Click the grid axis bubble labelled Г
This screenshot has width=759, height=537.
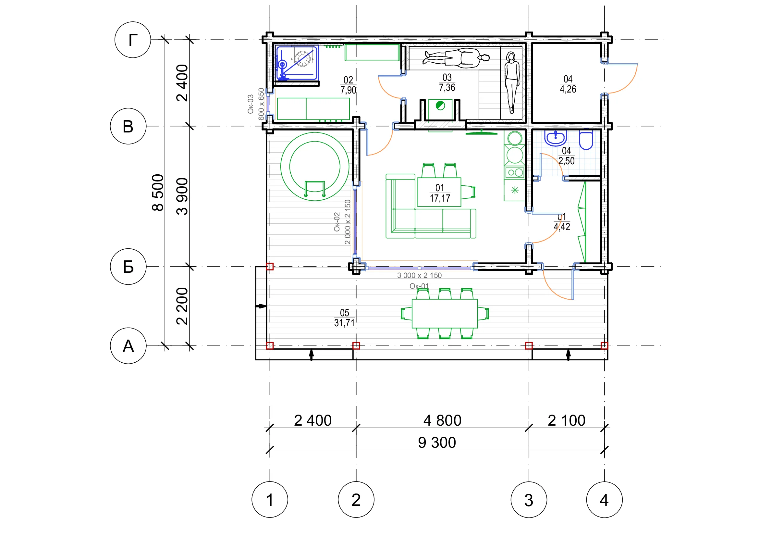pyautogui.click(x=133, y=40)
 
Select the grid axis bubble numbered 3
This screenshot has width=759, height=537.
pyautogui.click(x=529, y=500)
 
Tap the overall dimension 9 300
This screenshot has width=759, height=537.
pyautogui.click(x=437, y=443)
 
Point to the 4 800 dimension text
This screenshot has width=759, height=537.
pyautogui.click(x=442, y=420)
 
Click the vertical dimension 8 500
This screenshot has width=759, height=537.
pyautogui.click(x=158, y=193)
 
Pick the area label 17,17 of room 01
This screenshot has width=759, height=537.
pyautogui.click(x=440, y=198)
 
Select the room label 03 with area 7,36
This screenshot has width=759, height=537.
pyautogui.click(x=447, y=82)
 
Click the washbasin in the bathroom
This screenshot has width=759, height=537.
pyautogui.click(x=555, y=138)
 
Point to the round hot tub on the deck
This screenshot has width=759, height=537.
pyautogui.click(x=315, y=167)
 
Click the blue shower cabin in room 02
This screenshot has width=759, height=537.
pyautogui.click(x=297, y=63)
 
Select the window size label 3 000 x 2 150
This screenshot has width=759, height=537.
pyautogui.click(x=419, y=275)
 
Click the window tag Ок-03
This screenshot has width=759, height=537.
pyautogui.click(x=251, y=104)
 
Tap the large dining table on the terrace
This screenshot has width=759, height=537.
pyautogui.click(x=445, y=314)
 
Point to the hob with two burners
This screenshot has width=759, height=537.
pyautogui.click(x=515, y=173)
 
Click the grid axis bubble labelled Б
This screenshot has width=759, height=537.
pyautogui.click(x=128, y=267)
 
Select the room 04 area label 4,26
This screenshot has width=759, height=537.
pyautogui.click(x=568, y=89)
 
